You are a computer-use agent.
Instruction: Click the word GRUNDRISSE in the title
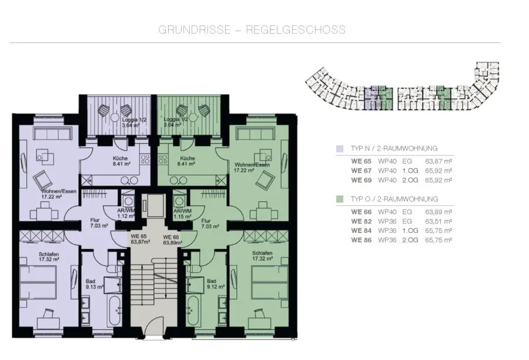tap(195, 30)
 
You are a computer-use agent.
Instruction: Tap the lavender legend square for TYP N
tap(340, 149)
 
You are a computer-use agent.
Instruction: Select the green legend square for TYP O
tap(340, 199)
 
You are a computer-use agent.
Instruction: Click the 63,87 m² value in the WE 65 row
tap(438, 161)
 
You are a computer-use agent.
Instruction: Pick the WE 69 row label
tap(361, 181)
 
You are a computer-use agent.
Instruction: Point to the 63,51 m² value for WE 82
tap(438, 222)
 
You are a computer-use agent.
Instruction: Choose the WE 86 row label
tap(361, 240)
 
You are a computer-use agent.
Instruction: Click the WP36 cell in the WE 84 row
tap(387, 231)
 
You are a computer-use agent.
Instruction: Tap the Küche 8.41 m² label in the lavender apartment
tap(121, 161)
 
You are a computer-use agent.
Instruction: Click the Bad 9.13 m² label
tap(94, 284)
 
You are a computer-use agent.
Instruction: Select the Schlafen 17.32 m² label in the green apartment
tap(262, 256)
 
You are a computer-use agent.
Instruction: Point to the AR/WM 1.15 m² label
tap(183, 214)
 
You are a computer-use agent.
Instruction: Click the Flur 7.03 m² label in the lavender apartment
tap(99, 223)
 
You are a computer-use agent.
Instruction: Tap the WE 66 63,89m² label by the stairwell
tap(172, 240)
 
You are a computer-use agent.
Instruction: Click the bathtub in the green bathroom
tap(193, 311)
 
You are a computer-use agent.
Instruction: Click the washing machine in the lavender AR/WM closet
tap(128, 201)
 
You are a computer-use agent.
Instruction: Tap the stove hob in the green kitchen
tap(163, 159)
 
